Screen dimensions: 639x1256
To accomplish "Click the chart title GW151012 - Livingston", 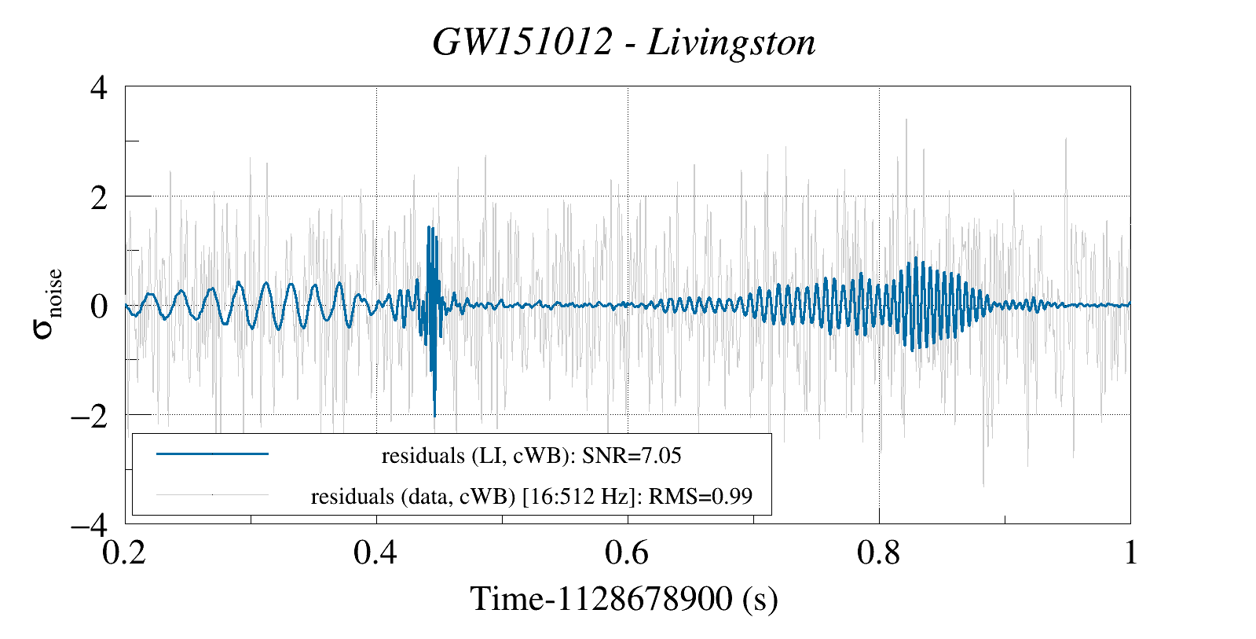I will click(x=624, y=42).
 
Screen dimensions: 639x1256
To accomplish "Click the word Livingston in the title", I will click(x=731, y=42).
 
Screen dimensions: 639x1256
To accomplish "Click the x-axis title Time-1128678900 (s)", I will click(x=624, y=599).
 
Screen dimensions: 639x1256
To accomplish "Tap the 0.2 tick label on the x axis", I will click(x=126, y=553).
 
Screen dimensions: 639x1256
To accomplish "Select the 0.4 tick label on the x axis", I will click(x=376, y=553).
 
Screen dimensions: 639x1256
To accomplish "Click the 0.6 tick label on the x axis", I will click(x=628, y=553).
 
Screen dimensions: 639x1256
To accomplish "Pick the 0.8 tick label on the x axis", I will click(x=878, y=553).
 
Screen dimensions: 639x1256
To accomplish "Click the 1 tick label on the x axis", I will click(x=1130, y=553).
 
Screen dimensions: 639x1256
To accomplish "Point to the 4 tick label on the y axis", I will click(x=99, y=87).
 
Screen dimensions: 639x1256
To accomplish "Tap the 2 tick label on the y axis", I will click(x=99, y=196).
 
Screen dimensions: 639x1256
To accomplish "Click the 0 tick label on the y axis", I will click(x=99, y=306).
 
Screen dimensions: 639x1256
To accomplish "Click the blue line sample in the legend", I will click(x=212, y=454).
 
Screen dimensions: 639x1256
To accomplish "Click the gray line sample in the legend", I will click(x=212, y=495).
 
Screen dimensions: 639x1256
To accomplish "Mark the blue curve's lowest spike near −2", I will click(x=434, y=414).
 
